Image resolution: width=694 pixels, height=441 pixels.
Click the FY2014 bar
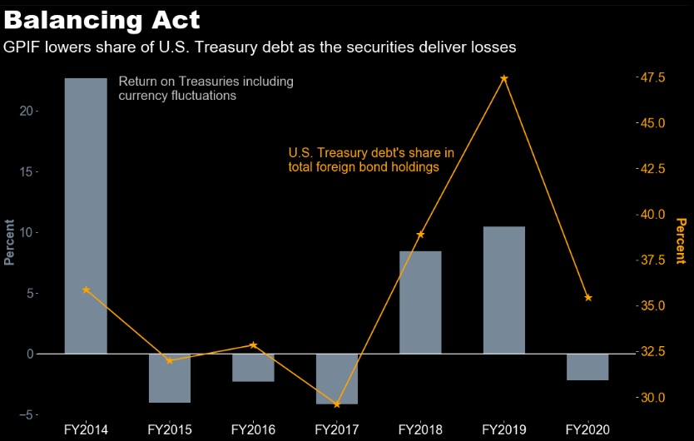click(86, 216)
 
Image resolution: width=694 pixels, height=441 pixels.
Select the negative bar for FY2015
click(170, 378)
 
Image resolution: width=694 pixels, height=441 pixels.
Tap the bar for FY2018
click(420, 302)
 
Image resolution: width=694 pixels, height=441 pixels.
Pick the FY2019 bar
click(503, 290)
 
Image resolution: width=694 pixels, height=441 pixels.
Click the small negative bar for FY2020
click(587, 367)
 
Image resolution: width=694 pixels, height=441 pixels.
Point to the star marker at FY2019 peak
click(503, 78)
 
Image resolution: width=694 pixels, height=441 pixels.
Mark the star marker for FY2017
click(337, 404)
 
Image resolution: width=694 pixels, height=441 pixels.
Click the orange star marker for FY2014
click(86, 290)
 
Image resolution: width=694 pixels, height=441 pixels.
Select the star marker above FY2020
click(587, 298)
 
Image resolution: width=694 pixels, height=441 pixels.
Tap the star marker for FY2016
click(253, 344)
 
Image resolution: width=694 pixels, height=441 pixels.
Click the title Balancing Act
click(102, 19)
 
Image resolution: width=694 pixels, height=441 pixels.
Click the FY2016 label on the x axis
click(253, 430)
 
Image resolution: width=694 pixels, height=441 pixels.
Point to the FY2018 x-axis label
click(420, 430)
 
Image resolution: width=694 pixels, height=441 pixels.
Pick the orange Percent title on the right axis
click(681, 241)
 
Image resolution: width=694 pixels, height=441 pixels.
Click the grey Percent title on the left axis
click(9, 241)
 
